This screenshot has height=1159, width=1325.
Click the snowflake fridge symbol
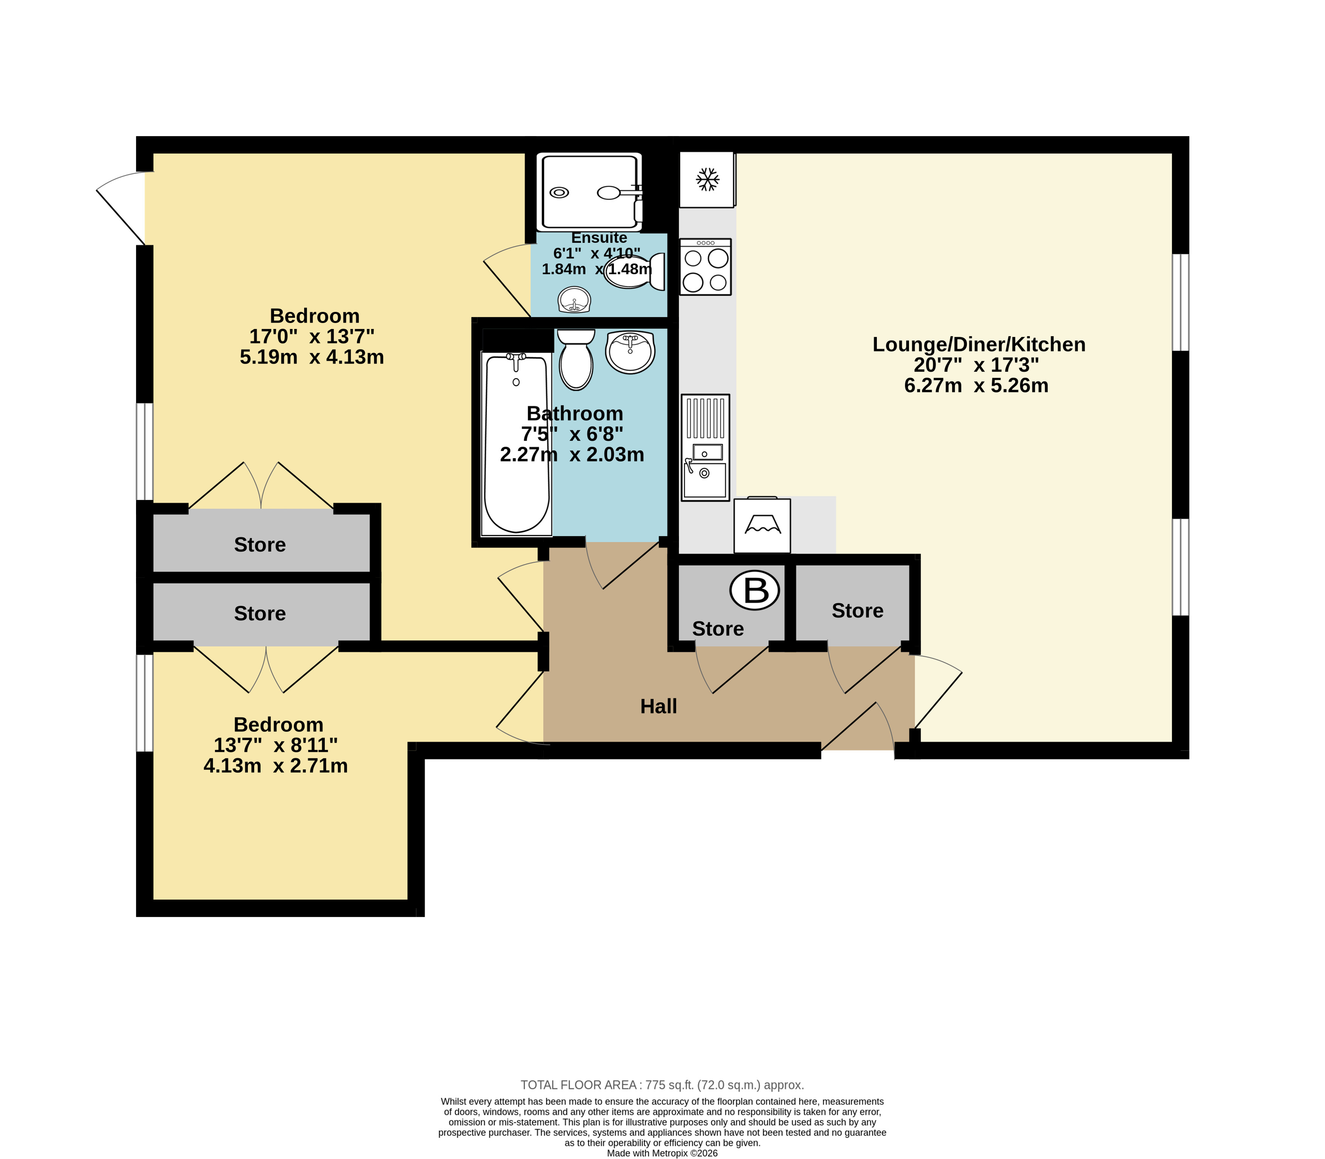pyautogui.click(x=707, y=179)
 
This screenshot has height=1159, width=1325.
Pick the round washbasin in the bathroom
pyautogui.click(x=630, y=352)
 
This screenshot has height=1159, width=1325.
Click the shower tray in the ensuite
pyautogui.click(x=589, y=192)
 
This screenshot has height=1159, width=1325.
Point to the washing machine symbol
pyautogui.click(x=762, y=524)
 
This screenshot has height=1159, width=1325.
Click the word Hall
pyautogui.click(x=659, y=706)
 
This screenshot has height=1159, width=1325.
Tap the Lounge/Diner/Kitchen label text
pyautogui.click(x=979, y=344)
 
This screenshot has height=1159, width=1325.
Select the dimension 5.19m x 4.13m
pyautogui.click(x=312, y=357)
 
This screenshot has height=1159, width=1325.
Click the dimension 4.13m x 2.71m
pyautogui.click(x=275, y=766)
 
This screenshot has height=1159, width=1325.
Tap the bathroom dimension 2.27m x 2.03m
pyautogui.click(x=572, y=455)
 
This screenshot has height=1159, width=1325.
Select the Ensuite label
pyautogui.click(x=599, y=238)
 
